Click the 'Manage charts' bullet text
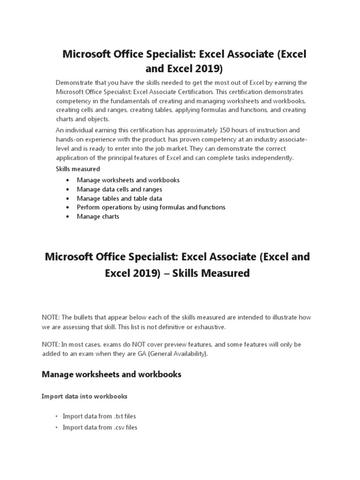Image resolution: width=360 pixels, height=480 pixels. (98, 217)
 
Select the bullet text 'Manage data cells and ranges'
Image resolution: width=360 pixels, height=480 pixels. (120, 189)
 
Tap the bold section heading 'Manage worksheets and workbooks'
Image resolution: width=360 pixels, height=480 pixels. (112, 375)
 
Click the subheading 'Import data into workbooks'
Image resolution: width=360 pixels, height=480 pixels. (84, 397)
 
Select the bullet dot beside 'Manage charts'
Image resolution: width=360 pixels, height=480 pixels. (68, 217)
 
